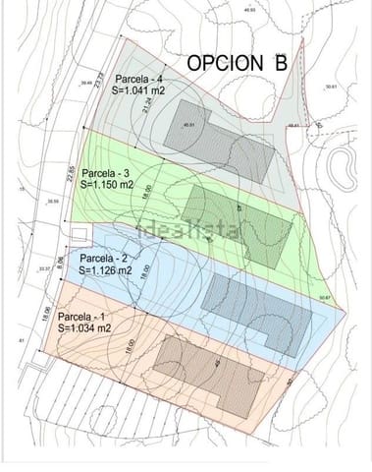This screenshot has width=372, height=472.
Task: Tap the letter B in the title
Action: tap(281, 63)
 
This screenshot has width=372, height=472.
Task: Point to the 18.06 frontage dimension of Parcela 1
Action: tap(45, 316)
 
